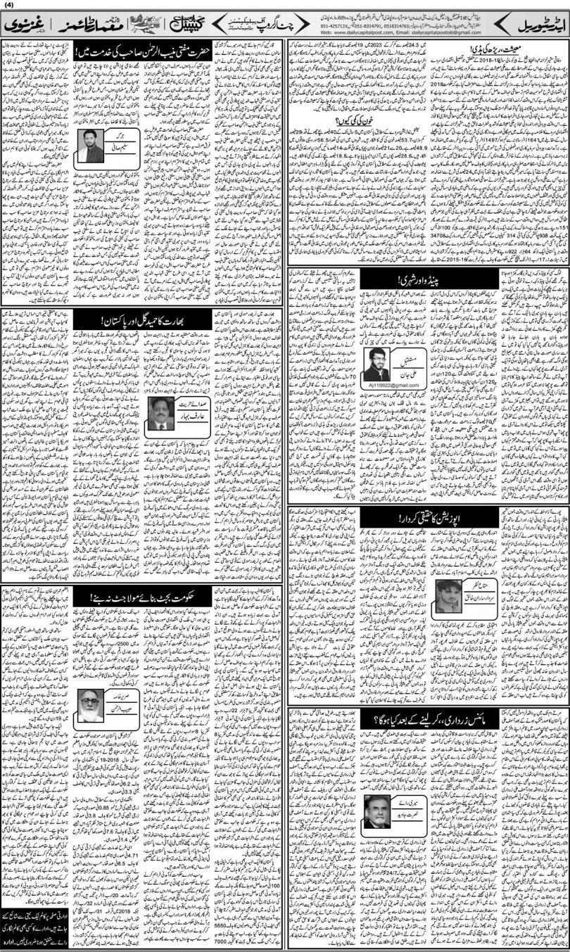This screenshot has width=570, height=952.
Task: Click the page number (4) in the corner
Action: point(8,6)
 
